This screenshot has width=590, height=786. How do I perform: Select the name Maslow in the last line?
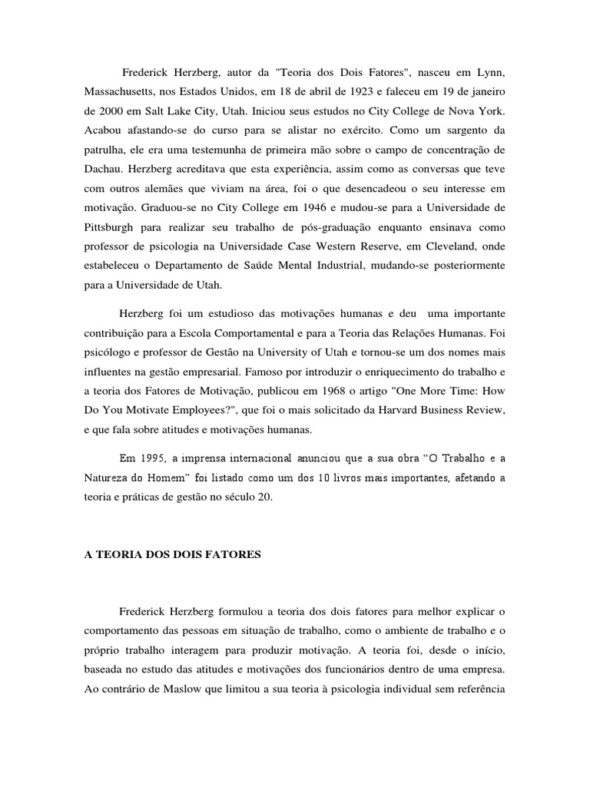(168, 689)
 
